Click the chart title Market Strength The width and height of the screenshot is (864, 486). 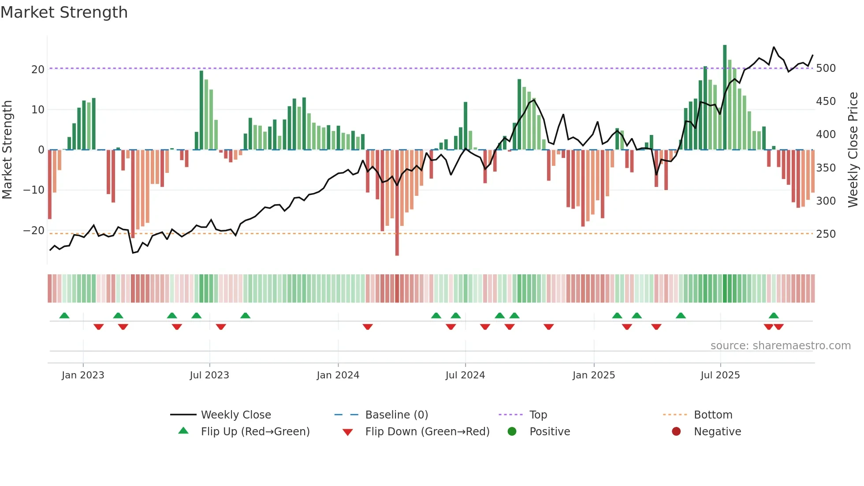[64, 12]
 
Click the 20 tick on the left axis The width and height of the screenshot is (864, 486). [37, 69]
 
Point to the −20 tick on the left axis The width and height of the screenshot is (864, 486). [34, 230]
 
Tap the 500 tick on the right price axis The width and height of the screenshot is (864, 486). [826, 68]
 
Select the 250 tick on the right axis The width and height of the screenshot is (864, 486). [826, 234]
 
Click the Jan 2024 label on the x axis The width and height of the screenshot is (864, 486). [338, 375]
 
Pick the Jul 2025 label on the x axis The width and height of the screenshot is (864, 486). [720, 375]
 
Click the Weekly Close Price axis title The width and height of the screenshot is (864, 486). [853, 150]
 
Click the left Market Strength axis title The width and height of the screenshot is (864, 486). [7, 150]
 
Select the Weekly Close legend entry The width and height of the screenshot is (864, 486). [235, 415]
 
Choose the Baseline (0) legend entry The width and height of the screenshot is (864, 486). [396, 415]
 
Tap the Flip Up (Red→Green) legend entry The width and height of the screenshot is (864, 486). [255, 431]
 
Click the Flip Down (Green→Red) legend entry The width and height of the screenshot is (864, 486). [427, 431]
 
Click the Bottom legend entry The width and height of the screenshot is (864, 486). [713, 415]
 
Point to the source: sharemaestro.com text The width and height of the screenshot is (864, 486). [780, 345]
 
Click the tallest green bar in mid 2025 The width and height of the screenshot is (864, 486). [725, 97]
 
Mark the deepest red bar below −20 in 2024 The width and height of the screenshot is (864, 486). [397, 203]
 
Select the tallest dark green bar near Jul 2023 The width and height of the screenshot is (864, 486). [201, 110]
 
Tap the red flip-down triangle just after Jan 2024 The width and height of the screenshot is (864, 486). [368, 327]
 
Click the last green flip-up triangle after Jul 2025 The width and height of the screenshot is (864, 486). [774, 315]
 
